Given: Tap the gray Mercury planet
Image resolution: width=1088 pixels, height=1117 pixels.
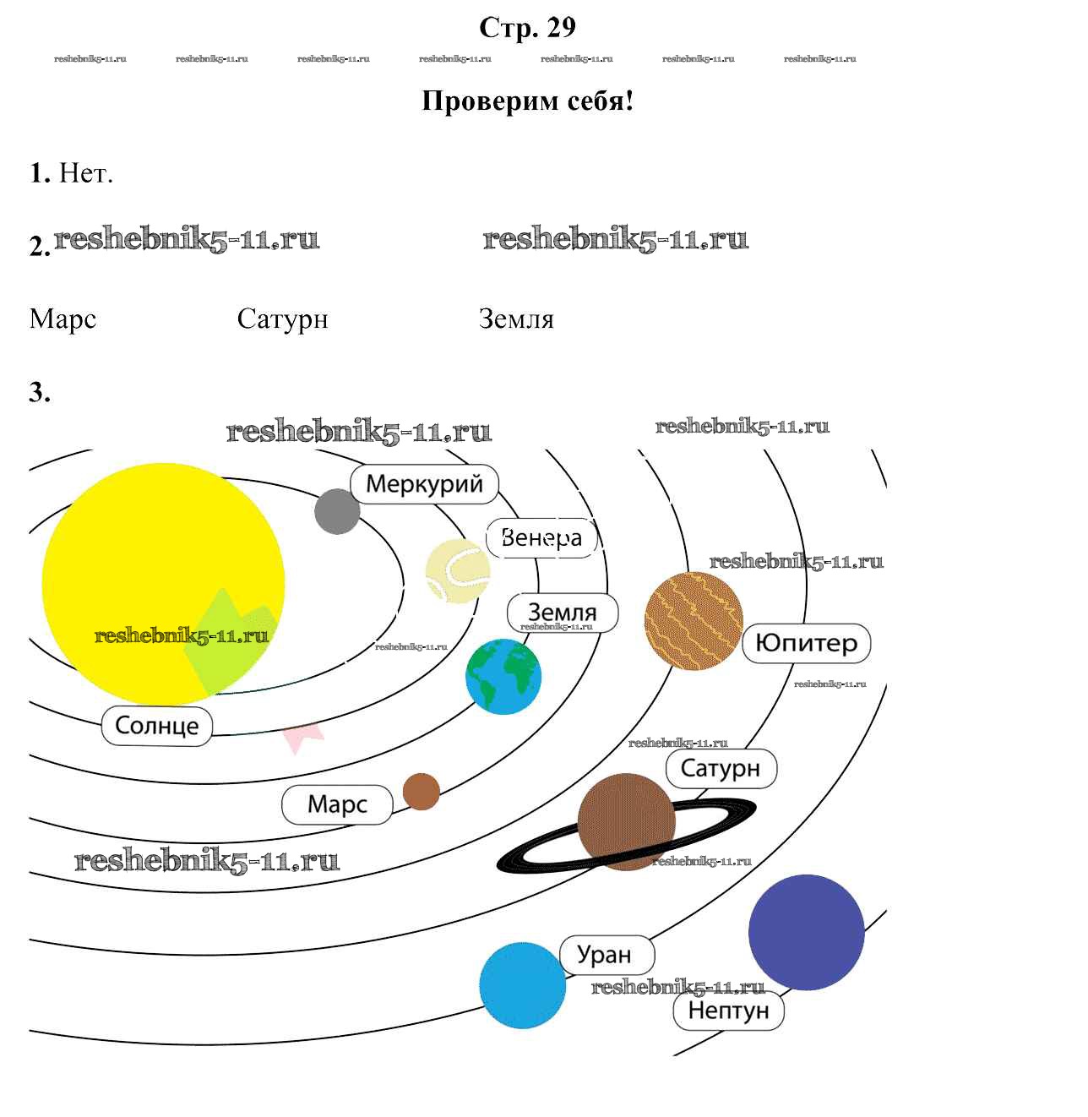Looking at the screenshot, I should click(337, 511).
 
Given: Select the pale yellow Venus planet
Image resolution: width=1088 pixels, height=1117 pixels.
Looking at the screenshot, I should click(457, 571).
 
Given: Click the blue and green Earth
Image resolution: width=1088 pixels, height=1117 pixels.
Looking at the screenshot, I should click(503, 677).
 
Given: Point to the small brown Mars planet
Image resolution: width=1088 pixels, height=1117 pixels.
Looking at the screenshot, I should click(422, 792).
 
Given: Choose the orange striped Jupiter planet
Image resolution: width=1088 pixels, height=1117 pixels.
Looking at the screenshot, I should click(694, 621).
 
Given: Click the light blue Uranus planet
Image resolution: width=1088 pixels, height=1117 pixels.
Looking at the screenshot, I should click(522, 986).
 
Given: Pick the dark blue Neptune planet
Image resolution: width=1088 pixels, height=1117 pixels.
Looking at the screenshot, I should click(806, 932).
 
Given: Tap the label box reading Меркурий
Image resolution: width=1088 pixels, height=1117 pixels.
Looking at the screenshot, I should click(424, 484).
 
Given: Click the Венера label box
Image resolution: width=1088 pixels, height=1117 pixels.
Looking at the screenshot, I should click(541, 537).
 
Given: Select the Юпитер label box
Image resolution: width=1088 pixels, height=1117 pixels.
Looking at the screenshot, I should click(806, 643).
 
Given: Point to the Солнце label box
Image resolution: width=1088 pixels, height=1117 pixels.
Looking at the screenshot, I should click(157, 726).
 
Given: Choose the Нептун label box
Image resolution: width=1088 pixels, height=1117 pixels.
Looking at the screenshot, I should click(728, 1011).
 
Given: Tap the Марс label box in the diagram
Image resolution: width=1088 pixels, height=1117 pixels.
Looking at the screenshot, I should click(337, 804).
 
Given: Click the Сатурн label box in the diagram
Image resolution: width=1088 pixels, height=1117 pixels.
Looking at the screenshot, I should click(721, 768).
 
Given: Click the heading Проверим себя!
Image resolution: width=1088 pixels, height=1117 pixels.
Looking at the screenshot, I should click(527, 101).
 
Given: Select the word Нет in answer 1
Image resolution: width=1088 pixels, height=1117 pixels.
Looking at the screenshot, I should click(84, 174).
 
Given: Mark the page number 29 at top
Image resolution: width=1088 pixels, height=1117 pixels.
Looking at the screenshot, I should click(561, 28).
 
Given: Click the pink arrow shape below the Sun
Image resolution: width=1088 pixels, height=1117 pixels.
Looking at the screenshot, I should click(302, 736).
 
